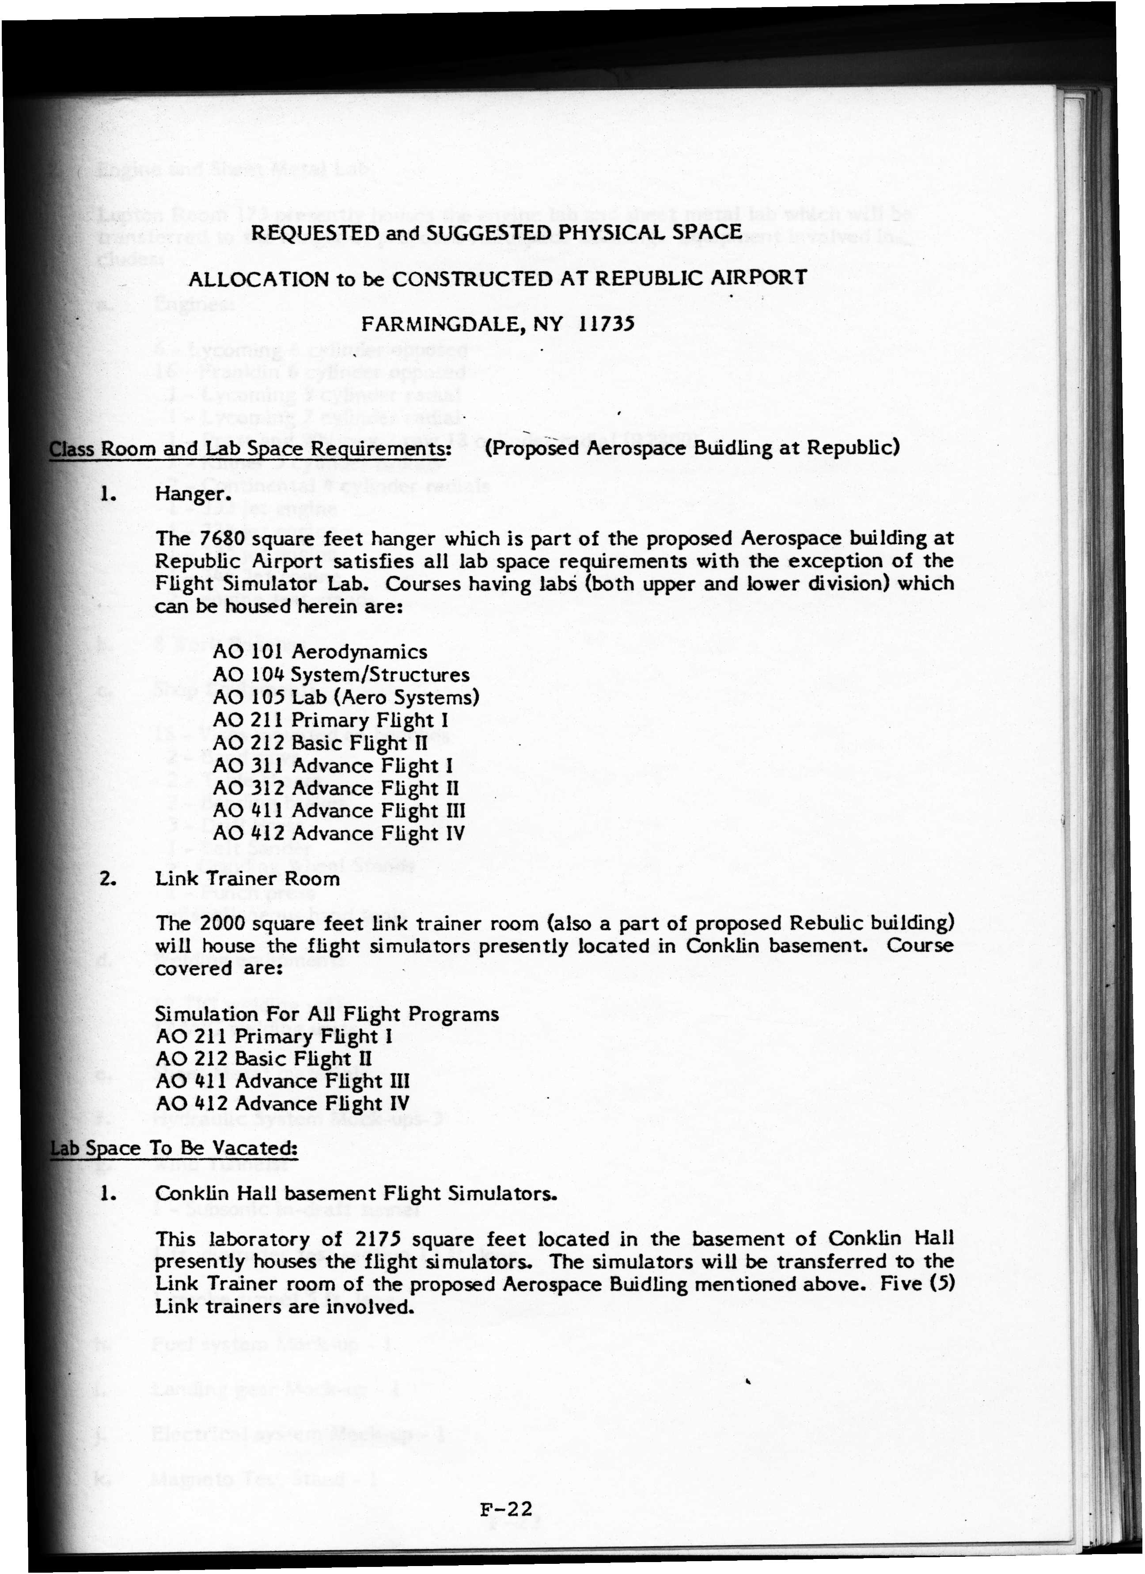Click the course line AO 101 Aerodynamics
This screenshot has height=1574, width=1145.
(x=320, y=652)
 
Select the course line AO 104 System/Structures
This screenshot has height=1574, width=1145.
(x=341, y=675)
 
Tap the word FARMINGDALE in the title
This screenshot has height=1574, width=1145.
(x=443, y=325)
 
